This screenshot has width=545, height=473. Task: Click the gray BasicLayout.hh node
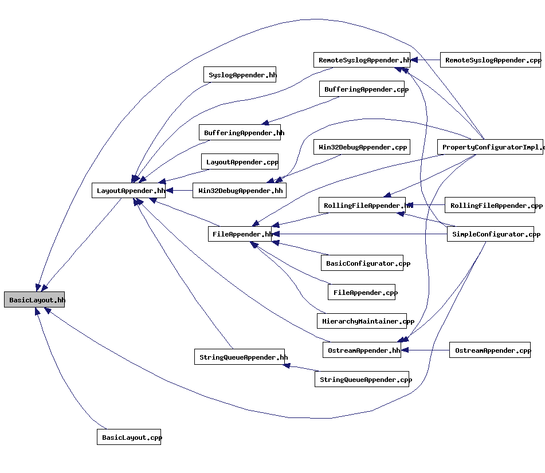pos(34,299)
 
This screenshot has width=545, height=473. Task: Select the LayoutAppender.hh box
pos(128,191)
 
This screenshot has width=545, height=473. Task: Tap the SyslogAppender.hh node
pos(240,75)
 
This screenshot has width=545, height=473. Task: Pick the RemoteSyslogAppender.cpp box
pos(491,60)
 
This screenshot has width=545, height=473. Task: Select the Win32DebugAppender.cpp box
pos(361,147)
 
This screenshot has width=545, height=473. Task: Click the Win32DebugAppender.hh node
pos(239,191)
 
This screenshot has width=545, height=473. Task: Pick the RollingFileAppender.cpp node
pos(490,206)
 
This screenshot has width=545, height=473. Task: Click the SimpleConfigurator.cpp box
pos(491,234)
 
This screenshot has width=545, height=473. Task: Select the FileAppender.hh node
pos(240,234)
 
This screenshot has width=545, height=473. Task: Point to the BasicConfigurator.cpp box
pos(362,263)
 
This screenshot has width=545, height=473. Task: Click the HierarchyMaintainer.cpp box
pos(362,321)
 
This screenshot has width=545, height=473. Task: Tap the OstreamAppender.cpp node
pos(490,350)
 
